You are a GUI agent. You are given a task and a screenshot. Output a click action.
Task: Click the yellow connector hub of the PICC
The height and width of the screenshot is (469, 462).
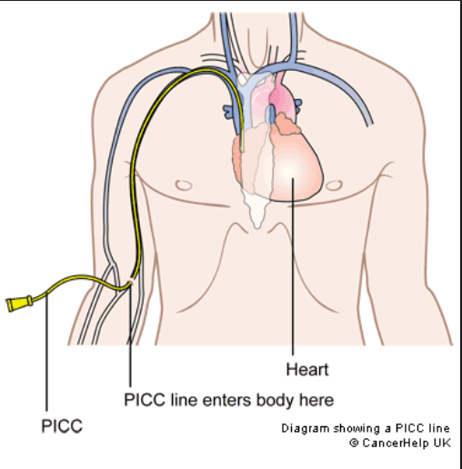[20, 304]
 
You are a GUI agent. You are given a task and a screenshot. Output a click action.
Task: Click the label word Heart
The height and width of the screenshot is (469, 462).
[307, 370]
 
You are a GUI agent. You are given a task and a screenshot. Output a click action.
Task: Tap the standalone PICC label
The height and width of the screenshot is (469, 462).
[62, 426]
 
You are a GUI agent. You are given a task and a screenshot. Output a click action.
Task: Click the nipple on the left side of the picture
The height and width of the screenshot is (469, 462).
[184, 185]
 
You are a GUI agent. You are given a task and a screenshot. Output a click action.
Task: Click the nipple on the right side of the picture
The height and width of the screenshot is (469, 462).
[334, 185]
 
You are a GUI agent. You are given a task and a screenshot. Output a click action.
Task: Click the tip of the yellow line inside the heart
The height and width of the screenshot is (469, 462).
[242, 150]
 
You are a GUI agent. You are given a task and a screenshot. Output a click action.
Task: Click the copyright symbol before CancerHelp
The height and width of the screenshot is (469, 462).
[354, 443]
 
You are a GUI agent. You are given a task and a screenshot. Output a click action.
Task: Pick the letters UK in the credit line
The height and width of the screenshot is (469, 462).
[442, 443]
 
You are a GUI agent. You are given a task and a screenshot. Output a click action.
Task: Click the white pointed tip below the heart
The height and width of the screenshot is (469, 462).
[257, 226]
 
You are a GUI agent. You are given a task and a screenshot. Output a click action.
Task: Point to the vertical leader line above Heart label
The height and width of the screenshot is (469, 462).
[293, 266]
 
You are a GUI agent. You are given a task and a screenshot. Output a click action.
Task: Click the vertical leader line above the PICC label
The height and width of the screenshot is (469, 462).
[46, 354]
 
